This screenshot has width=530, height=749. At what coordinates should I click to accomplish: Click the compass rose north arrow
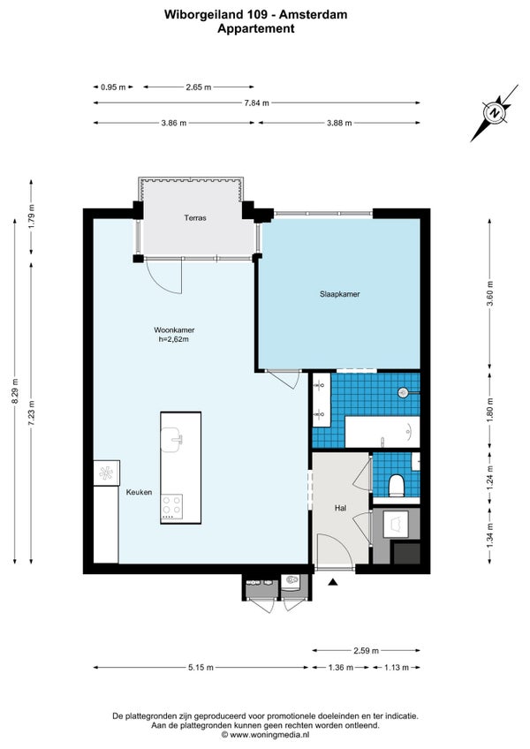495,113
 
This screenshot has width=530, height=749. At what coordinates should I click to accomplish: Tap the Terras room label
195,217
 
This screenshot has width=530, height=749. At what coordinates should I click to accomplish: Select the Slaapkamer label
339,294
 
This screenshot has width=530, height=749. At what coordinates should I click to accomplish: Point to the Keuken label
139,492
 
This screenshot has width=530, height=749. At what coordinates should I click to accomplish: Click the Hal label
339,509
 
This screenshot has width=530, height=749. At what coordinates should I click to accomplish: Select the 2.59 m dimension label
365,651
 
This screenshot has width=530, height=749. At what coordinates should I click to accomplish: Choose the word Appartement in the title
256,28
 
